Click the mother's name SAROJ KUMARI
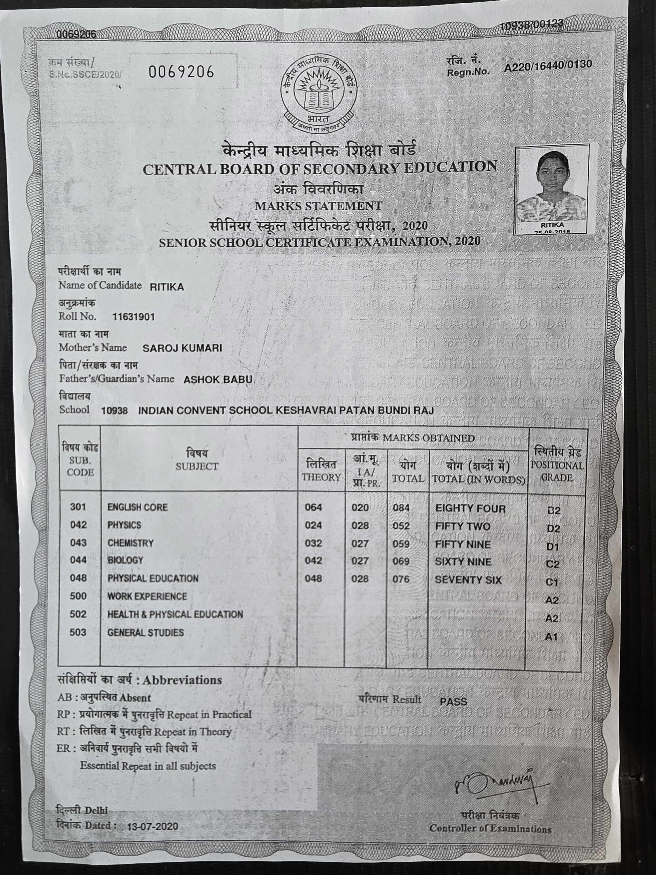click(182, 348)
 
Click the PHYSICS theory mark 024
click(313, 525)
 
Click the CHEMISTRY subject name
click(131, 543)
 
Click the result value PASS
click(453, 702)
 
